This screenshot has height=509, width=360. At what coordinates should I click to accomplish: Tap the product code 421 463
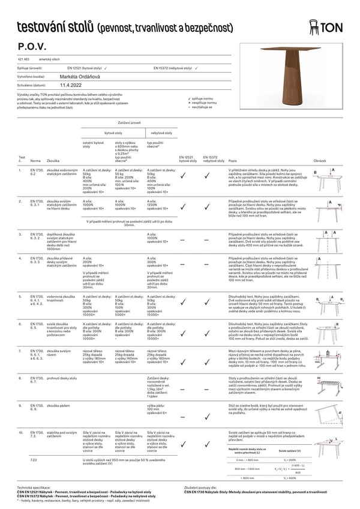(x=23, y=61)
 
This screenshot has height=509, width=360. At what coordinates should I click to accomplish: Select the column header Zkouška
(x=53, y=161)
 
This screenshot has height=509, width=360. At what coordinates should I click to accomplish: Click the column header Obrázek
(x=320, y=161)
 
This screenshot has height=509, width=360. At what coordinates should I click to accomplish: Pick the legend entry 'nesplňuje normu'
(x=205, y=103)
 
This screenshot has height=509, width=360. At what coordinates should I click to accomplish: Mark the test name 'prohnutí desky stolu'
(x=61, y=378)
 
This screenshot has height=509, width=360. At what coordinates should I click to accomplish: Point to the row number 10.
(x=21, y=431)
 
